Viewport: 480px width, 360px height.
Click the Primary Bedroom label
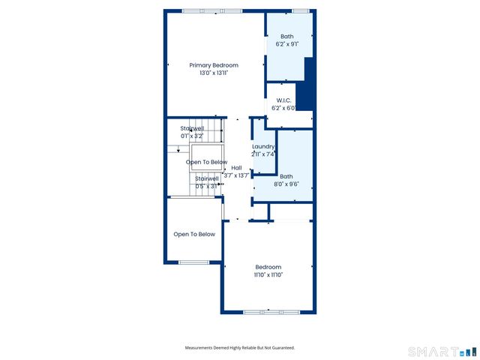(x=213, y=65)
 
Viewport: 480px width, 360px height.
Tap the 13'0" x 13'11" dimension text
(x=213, y=73)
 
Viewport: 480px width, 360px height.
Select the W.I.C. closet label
(x=283, y=100)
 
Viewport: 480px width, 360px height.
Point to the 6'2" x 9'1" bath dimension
(x=287, y=44)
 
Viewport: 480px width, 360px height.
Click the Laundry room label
(x=263, y=146)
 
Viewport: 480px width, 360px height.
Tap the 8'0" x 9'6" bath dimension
(x=285, y=184)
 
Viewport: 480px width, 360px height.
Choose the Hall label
(x=236, y=168)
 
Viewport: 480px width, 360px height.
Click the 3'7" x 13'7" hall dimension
(x=236, y=175)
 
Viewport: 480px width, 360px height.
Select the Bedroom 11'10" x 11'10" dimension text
(x=268, y=275)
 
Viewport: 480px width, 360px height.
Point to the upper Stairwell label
(x=192, y=129)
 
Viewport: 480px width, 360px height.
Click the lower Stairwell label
(x=206, y=178)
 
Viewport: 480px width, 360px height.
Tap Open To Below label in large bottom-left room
(x=194, y=234)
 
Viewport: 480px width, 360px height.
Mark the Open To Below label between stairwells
(x=206, y=162)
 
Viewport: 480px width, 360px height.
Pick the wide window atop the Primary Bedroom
(x=212, y=10)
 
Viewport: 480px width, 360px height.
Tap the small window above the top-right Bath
(x=300, y=10)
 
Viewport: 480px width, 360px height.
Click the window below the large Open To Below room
(x=193, y=262)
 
